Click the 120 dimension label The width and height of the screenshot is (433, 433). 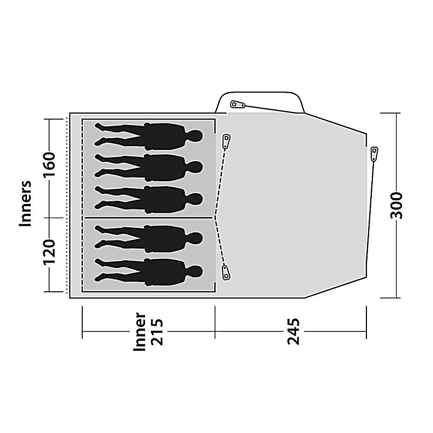[49, 253]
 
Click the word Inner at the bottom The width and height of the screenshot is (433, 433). [140, 331]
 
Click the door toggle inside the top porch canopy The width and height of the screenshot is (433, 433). [237, 104]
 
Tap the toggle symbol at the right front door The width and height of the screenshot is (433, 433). [374, 153]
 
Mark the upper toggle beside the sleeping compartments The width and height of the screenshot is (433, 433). [226, 141]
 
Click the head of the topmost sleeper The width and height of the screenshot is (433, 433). [194, 134]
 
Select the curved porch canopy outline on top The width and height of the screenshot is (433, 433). [260, 93]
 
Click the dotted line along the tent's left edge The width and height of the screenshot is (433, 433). [67, 206]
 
